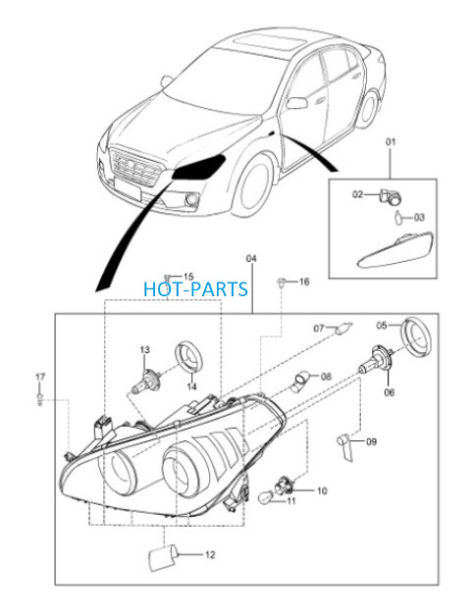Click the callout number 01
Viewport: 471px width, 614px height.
click(391, 141)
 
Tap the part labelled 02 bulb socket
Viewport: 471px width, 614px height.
click(390, 196)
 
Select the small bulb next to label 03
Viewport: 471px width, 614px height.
click(398, 218)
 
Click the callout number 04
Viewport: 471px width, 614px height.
click(251, 258)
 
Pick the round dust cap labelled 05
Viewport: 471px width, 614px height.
click(416, 336)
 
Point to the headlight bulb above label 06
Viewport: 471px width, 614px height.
click(376, 359)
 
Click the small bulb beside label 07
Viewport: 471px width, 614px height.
click(343, 328)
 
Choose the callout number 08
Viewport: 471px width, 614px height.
click(326, 377)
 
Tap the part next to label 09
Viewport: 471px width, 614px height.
click(345, 446)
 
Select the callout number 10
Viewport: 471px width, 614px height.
click(322, 490)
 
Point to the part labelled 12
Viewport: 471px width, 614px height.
click(162, 557)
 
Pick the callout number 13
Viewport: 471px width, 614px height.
click(145, 349)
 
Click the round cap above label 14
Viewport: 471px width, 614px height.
click(189, 357)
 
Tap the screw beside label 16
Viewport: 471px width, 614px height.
click(281, 281)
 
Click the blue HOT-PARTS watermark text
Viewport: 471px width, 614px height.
click(196, 289)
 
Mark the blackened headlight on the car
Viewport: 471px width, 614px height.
click(199, 167)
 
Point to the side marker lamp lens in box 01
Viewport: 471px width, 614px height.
click(395, 251)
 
